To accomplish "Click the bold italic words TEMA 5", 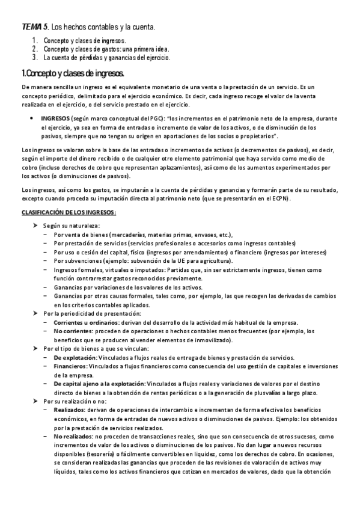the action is pos(35,27).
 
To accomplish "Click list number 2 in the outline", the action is pos(35,49).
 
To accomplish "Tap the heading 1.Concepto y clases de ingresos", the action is pos(72,73).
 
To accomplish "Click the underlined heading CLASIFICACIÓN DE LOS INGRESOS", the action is pos(69,213).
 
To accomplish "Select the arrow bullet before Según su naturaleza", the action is pos(35,224).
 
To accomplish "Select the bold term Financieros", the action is pos(70,366).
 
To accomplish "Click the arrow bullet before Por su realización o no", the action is pos(35,401).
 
